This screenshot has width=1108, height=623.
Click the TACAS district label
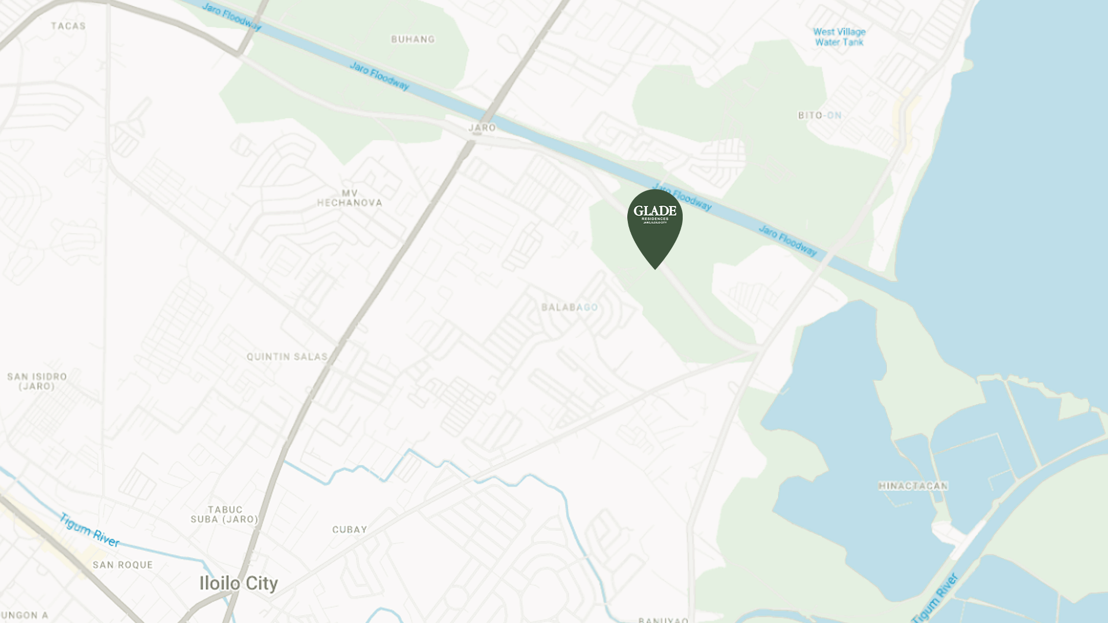[x=68, y=26]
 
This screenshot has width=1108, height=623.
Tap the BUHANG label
[x=413, y=39]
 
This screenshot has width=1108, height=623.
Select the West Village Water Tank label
[x=839, y=37]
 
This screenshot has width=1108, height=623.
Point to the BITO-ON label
[x=819, y=115]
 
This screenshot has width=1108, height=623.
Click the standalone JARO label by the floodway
[x=482, y=127]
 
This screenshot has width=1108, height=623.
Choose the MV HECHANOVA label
[x=349, y=198]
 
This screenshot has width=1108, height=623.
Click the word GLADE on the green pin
[x=655, y=211]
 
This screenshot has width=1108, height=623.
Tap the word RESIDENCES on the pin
[x=655, y=219]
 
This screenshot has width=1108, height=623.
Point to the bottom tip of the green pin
[x=655, y=268]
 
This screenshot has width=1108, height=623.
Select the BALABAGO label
[x=570, y=307]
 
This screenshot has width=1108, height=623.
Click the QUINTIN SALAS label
[x=287, y=357]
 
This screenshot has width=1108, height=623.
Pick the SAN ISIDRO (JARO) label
[x=37, y=381]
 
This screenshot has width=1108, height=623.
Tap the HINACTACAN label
[x=913, y=486]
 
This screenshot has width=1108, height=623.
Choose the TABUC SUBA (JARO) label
[x=224, y=515]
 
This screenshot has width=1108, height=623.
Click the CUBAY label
[x=350, y=530]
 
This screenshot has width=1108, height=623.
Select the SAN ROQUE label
[x=123, y=565]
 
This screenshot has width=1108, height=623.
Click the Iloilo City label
[x=238, y=583]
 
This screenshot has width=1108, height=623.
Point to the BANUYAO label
[x=663, y=620]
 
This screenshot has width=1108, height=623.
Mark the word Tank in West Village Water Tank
[x=852, y=42]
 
